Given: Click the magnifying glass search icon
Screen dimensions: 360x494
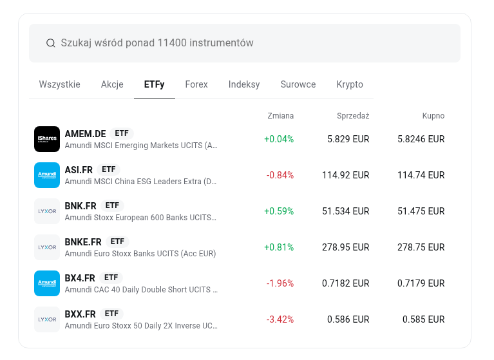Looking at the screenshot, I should [50, 43].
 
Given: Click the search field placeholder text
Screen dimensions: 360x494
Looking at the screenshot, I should [157, 43].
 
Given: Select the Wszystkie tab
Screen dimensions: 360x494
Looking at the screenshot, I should [59, 84].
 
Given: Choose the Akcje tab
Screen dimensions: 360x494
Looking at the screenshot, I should [112, 84].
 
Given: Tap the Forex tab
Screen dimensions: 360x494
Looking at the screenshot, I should [196, 84].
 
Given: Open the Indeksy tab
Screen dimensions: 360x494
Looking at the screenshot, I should [244, 84].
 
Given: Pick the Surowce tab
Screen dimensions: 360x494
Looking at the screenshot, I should [298, 84].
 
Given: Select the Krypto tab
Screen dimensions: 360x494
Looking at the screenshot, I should [350, 84].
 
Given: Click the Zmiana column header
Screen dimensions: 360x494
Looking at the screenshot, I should [280, 116].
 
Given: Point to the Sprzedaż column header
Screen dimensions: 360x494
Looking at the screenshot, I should [353, 116].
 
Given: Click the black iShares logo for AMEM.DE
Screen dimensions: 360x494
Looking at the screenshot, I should [47, 139].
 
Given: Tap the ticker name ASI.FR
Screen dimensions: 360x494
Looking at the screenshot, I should [79, 170].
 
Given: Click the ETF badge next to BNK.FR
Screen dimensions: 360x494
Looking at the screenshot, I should [112, 205].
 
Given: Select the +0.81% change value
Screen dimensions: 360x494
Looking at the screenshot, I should [279, 247].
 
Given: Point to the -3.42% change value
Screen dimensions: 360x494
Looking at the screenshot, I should [280, 319].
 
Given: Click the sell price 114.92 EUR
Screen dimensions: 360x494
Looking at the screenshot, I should [346, 175].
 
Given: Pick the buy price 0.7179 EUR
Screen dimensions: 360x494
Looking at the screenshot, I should [421, 283].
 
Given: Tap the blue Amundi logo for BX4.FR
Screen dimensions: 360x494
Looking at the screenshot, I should [47, 283].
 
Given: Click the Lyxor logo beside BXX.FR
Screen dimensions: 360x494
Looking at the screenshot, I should [47, 319].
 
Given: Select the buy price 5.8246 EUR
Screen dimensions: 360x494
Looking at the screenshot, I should [421, 139].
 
